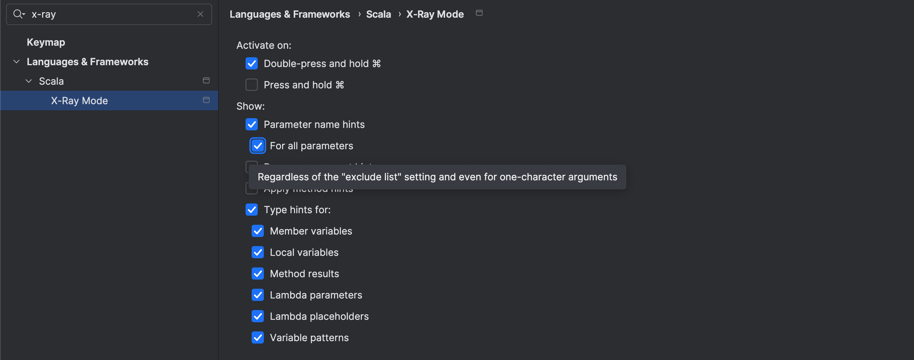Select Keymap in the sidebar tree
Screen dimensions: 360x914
click(46, 42)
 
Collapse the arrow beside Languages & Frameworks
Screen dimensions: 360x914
click(16, 62)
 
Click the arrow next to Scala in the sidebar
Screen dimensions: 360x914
click(29, 81)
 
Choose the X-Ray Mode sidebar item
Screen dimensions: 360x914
click(79, 101)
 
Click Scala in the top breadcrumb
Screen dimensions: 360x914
click(378, 14)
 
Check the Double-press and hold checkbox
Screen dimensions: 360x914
click(252, 63)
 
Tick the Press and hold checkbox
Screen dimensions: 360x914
click(252, 85)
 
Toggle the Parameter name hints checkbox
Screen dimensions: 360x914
click(252, 125)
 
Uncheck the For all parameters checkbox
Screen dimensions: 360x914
click(257, 146)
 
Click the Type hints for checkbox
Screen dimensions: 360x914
click(252, 210)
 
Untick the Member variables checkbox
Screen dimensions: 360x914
click(257, 231)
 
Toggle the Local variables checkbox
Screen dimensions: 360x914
click(257, 252)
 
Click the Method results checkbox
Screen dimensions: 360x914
click(257, 274)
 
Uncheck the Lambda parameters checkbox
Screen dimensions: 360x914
click(257, 295)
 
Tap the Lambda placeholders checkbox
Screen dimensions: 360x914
click(257, 316)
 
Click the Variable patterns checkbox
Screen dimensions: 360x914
click(257, 337)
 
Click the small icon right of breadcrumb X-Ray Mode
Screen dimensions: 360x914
click(479, 13)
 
